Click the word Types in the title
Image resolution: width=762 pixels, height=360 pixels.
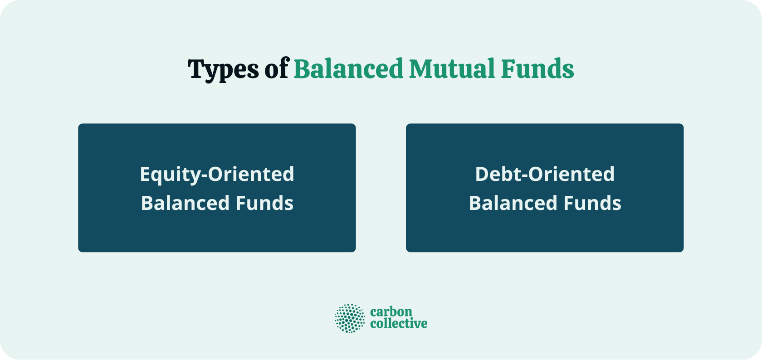click(224, 70)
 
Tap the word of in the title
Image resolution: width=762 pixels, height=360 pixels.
click(277, 69)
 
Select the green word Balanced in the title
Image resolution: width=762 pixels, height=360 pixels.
click(348, 69)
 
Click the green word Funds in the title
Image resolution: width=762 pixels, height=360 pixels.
click(537, 69)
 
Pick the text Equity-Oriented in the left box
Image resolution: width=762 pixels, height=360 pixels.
click(217, 175)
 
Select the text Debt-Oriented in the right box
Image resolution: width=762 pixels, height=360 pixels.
click(545, 175)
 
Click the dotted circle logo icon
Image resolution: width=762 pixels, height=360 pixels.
click(350, 318)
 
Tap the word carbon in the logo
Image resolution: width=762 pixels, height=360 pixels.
click(391, 312)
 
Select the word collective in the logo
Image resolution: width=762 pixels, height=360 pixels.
click(399, 324)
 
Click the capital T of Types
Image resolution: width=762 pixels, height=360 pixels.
click(196, 69)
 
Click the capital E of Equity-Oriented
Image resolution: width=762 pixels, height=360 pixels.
click(145, 175)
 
